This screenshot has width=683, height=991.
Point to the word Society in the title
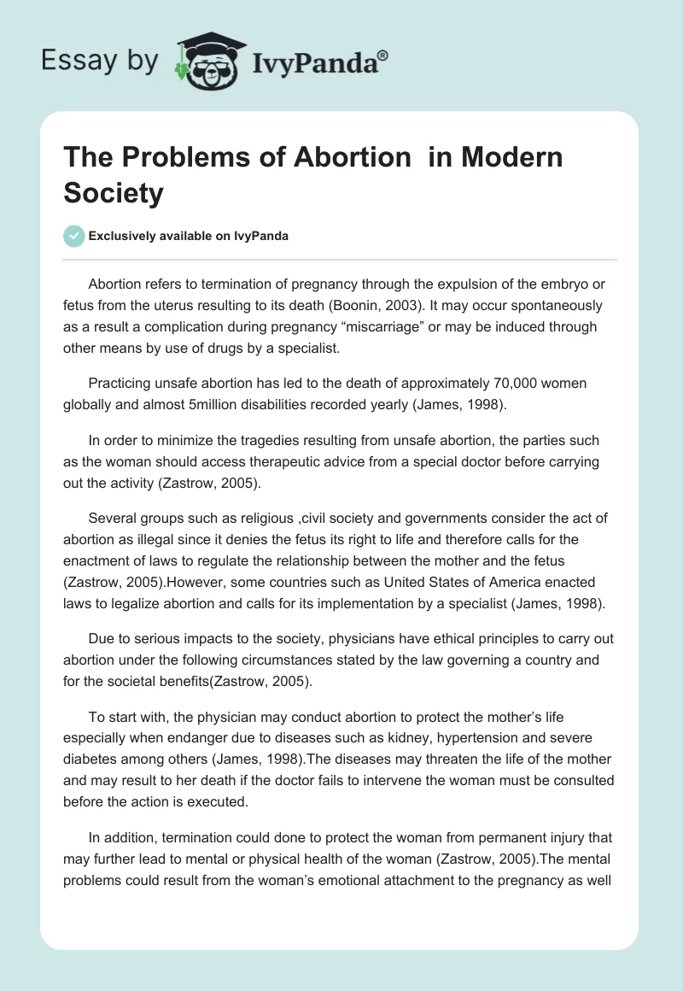[x=113, y=193]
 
